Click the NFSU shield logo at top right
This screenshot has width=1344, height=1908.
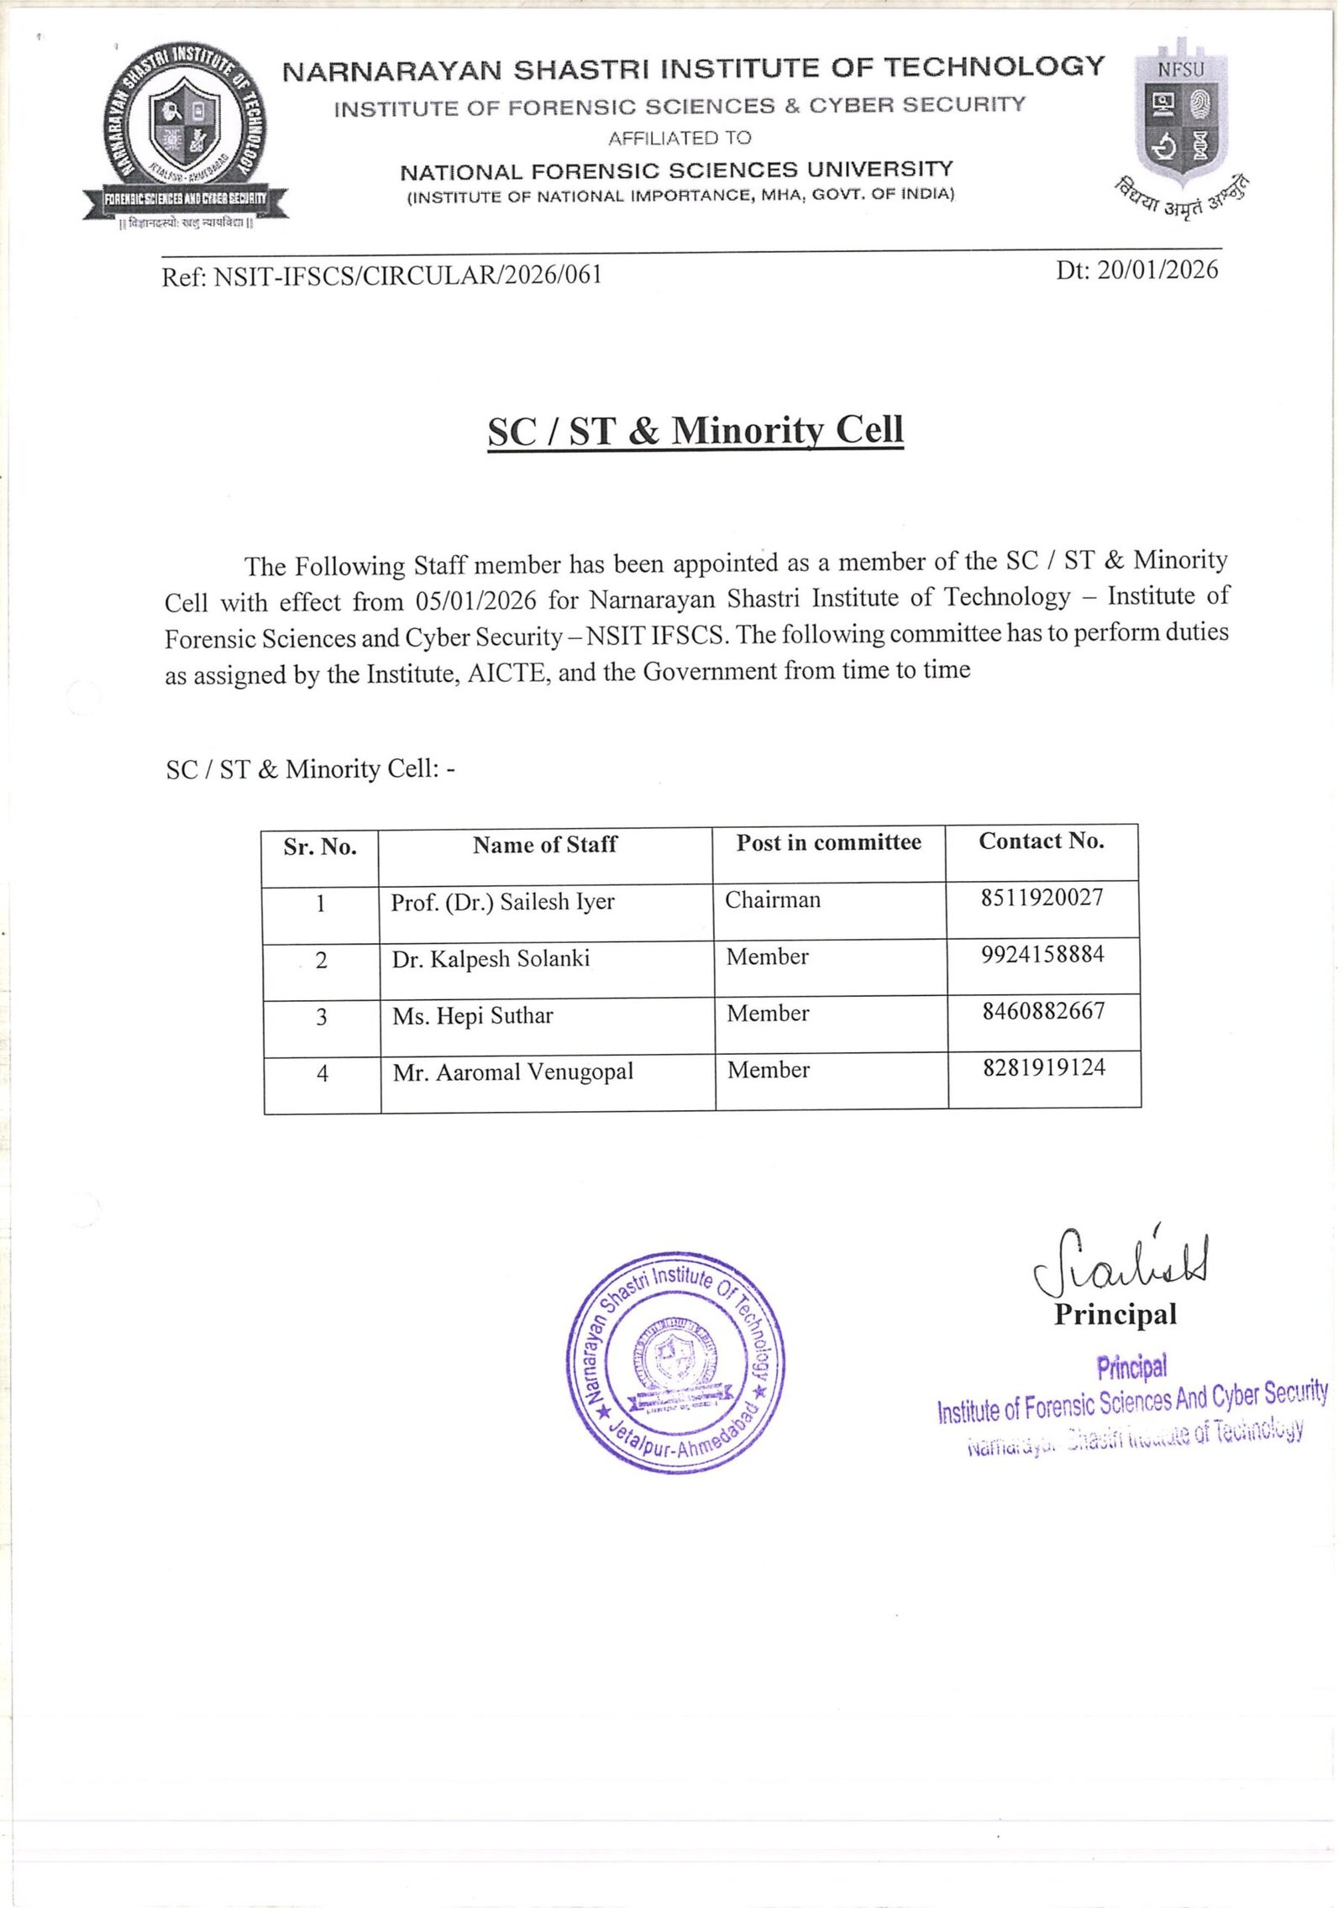pos(1180,113)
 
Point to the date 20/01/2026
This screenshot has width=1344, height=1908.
pos(1157,269)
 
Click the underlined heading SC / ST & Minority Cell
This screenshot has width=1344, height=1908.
pos(696,431)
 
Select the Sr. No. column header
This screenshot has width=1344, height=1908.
pos(320,847)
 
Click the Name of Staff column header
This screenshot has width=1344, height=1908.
pos(544,844)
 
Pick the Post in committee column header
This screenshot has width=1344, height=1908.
pos(828,842)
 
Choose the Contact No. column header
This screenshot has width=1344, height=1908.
pos(1041,841)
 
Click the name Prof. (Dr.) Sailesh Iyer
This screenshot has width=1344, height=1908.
pos(502,902)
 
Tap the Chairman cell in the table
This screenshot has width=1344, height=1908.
pos(773,899)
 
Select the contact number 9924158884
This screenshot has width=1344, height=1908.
pos(1042,954)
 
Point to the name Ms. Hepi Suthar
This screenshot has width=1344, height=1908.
pos(473,1016)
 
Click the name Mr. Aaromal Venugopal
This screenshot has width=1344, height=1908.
pos(513,1072)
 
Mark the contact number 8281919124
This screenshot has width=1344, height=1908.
pos(1044,1067)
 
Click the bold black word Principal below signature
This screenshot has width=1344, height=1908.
pos(1116,1314)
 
